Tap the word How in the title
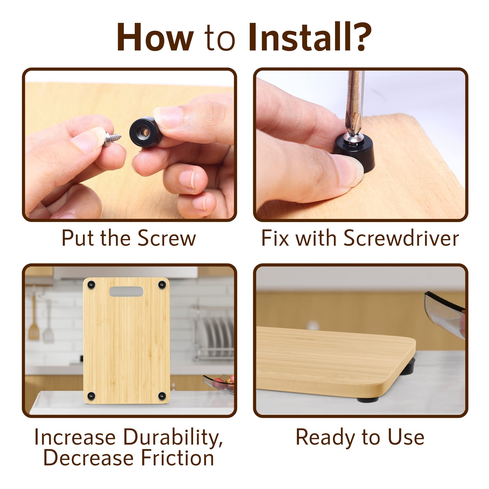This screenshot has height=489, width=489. [155, 37]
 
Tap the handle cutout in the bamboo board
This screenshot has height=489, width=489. [126, 291]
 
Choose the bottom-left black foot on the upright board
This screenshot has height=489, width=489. [91, 395]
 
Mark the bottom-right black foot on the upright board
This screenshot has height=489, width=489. [162, 395]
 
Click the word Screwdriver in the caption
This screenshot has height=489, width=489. [401, 238]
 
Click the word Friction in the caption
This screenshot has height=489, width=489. [177, 458]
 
